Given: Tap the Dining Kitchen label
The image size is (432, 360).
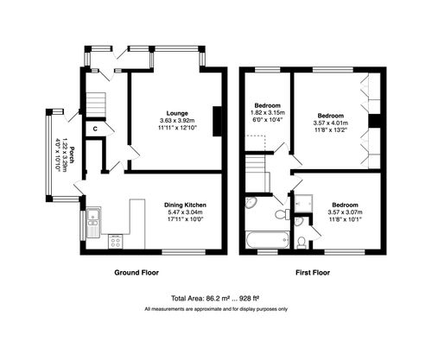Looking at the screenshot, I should point(184,205).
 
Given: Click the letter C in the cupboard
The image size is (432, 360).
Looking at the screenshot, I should point(94,129).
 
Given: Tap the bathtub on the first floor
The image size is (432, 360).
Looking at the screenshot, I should point(265,239).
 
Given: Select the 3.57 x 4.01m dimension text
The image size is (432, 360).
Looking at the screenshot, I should point(329,122).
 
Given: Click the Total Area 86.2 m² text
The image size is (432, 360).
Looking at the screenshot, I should point(216,297).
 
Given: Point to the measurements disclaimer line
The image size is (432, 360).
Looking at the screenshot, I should point(216,308).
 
